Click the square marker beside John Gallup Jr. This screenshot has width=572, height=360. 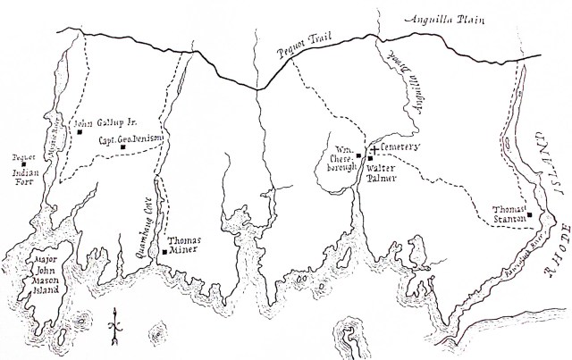[x=80, y=132]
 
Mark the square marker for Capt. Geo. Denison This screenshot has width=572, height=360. [x=123, y=147]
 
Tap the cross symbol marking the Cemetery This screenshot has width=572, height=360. [x=374, y=147]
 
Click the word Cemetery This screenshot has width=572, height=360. [x=400, y=147]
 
